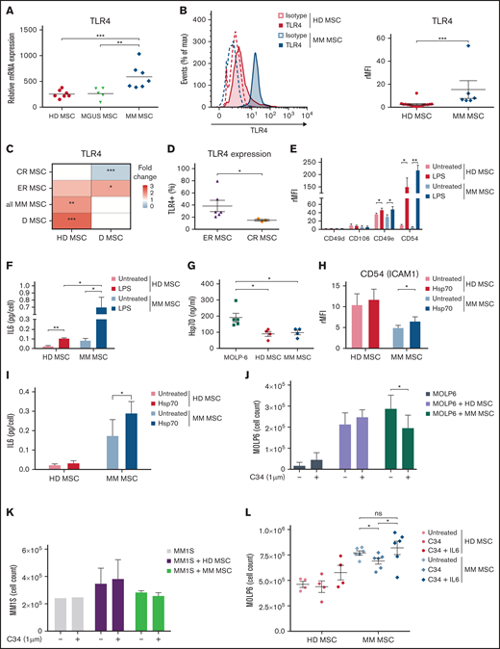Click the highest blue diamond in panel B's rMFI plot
[438, 46]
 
